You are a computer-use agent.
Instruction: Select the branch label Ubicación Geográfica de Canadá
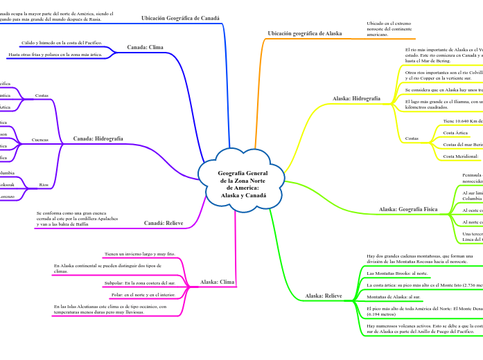(180, 18)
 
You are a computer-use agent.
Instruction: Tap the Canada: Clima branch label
(146, 47)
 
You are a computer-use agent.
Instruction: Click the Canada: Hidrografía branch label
(98, 138)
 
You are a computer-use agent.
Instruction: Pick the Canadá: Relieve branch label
(164, 223)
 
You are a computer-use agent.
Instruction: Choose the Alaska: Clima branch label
(216, 282)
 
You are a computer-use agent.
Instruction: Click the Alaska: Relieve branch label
(324, 296)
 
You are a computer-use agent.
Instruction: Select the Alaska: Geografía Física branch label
(408, 208)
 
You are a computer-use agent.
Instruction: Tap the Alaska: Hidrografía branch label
(357, 99)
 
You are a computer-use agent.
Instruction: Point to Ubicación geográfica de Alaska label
(305, 33)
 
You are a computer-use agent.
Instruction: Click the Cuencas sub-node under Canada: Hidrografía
(40, 140)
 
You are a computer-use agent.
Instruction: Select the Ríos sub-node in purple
(44, 185)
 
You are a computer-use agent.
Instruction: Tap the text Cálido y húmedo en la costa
(62, 42)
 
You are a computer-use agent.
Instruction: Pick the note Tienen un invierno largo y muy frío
(139, 254)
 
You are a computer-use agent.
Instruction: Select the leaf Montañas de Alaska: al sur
(394, 296)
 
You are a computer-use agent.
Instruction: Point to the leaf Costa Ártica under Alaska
(456, 132)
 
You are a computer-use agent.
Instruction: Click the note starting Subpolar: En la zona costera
(139, 284)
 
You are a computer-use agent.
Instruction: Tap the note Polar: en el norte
(143, 294)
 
